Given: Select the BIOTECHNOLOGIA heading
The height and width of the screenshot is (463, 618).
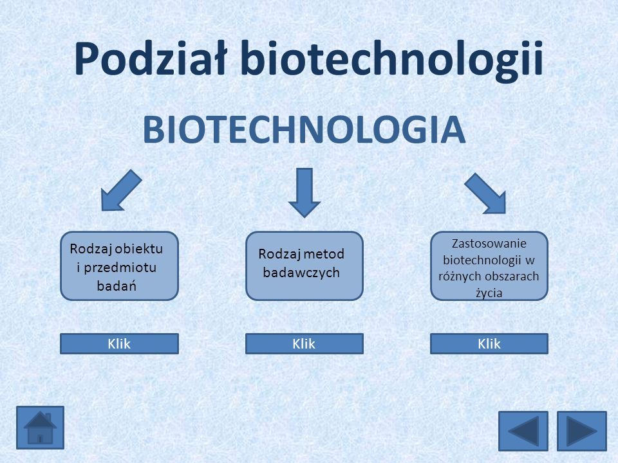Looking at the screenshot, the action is (x=304, y=129).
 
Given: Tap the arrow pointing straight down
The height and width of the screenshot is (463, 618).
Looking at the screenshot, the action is (x=304, y=192).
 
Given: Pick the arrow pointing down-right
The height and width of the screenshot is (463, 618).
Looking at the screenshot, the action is (x=485, y=194).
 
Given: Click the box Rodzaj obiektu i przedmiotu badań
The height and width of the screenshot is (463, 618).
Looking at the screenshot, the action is (x=120, y=266).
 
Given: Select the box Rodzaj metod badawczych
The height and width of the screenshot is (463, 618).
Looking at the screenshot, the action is (x=304, y=266).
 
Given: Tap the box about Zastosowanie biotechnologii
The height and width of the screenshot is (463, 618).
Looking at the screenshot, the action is (x=489, y=266).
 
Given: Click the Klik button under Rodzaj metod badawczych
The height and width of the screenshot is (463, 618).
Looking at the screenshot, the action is (x=304, y=343).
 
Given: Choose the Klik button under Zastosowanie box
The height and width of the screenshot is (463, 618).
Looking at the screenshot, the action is (x=489, y=343).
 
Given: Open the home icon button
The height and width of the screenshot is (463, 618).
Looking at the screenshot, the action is (x=40, y=428).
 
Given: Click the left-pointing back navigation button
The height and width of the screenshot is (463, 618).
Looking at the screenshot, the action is (x=523, y=431).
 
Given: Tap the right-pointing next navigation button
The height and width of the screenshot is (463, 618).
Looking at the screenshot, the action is (x=582, y=431).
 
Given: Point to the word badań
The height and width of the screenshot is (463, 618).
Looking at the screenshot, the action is (x=117, y=286).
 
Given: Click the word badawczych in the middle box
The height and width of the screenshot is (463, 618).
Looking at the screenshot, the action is (x=301, y=272).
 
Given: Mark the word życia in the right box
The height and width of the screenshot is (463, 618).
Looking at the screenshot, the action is (x=489, y=293).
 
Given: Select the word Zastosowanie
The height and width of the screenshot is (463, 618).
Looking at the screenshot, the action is (x=489, y=243).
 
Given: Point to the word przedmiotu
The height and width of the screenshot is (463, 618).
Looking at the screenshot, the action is (x=120, y=268).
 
